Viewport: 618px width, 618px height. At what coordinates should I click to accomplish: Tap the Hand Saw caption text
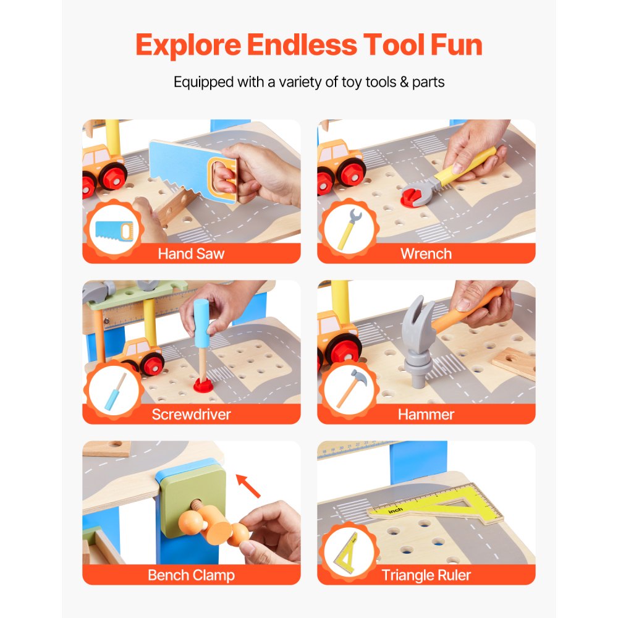coord(191,253)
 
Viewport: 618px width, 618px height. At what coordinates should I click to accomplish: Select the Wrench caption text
coord(426,253)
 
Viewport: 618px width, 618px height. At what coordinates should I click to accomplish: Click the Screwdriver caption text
coord(191,414)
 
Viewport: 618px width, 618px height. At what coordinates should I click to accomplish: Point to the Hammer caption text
coord(426,414)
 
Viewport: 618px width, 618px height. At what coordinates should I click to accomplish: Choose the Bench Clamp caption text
coord(191,575)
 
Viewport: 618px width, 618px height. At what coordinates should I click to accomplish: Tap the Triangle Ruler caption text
coord(426,575)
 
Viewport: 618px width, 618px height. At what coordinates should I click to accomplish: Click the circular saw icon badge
coord(111,230)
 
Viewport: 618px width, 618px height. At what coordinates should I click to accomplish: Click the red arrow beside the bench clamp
coord(248,485)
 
